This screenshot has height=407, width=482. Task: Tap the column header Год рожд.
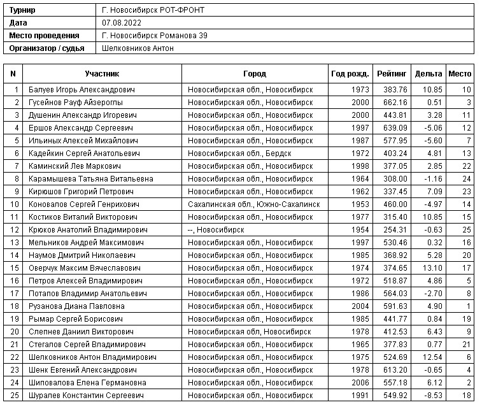(x=350, y=74)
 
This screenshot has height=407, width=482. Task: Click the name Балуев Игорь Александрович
(x=82, y=90)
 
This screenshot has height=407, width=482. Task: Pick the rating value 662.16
(x=395, y=103)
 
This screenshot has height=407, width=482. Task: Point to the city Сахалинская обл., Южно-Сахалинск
(x=253, y=204)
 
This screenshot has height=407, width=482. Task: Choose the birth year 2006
(x=360, y=383)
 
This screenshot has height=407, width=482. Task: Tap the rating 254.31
(x=395, y=230)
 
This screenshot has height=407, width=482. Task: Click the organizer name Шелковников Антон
(x=138, y=48)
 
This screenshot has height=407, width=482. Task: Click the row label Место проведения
(x=45, y=36)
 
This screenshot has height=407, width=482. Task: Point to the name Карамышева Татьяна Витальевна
(x=91, y=179)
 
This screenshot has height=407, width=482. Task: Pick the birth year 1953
(x=360, y=204)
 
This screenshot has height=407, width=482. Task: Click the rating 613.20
(x=395, y=370)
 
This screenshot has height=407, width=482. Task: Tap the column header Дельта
(x=428, y=74)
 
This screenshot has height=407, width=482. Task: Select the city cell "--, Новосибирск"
(x=216, y=230)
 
